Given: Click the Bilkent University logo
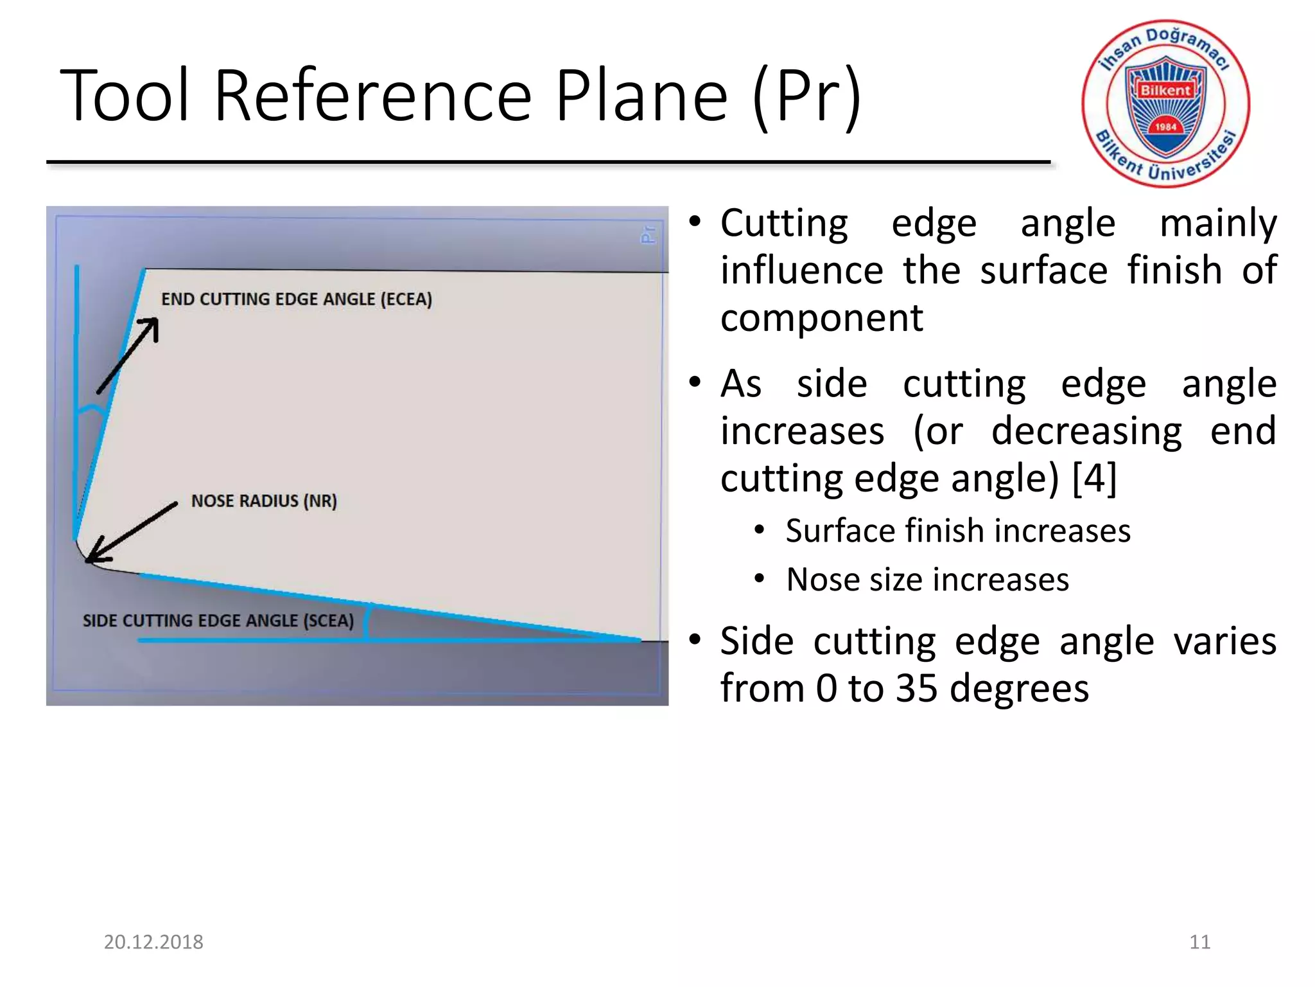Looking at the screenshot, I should (x=1165, y=103).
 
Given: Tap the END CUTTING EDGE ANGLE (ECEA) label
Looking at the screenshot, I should (x=296, y=299).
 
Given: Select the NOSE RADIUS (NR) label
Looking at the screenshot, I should (x=264, y=501).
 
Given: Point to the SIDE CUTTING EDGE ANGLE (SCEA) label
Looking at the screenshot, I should (x=218, y=621).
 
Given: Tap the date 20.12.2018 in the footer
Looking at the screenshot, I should (x=153, y=942).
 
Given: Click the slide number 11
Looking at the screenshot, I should (x=1199, y=942).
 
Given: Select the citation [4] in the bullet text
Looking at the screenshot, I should (x=1095, y=478).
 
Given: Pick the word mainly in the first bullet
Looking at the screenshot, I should (x=1218, y=224).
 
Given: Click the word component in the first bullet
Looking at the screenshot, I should (x=821, y=318).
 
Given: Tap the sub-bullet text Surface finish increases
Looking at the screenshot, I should (x=958, y=531).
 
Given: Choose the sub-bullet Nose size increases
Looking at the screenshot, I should (x=927, y=580).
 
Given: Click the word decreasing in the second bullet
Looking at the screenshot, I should (x=1086, y=431).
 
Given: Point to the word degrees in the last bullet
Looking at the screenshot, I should (x=1019, y=688).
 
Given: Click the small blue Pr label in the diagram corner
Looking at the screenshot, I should (x=649, y=234).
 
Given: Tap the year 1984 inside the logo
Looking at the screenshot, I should (x=1165, y=127).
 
